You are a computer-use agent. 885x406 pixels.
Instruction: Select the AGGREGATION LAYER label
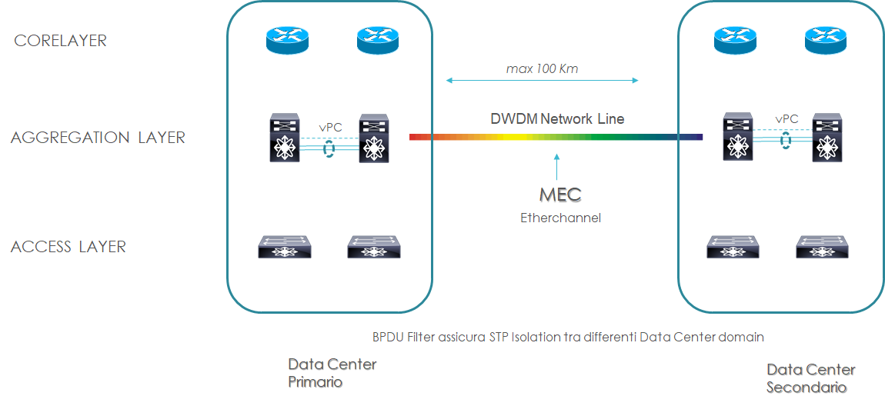point(98,138)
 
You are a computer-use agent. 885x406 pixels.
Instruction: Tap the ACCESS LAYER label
point(68,247)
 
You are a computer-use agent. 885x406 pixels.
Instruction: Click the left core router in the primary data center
point(287,40)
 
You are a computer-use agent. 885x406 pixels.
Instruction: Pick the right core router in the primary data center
point(377,40)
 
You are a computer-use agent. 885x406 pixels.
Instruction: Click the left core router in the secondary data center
point(736,40)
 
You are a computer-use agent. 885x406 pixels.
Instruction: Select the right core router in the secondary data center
point(826,40)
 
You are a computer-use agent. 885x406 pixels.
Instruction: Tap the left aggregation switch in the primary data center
point(284,138)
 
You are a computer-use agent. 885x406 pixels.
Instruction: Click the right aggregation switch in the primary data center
point(375,138)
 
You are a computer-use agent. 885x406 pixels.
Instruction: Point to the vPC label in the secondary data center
point(786,119)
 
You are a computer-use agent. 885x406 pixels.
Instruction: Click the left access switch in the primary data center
point(285,246)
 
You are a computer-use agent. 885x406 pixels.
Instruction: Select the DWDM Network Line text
point(557,119)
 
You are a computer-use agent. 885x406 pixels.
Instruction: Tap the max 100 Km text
point(542,68)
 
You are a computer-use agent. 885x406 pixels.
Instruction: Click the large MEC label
point(559,195)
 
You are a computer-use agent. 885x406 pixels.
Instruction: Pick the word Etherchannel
point(559,218)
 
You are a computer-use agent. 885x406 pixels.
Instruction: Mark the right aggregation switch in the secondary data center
point(829,138)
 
